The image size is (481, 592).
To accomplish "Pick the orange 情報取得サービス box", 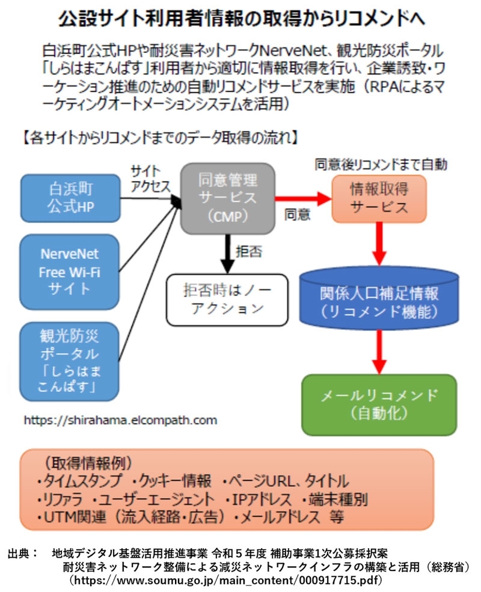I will pos(379,198).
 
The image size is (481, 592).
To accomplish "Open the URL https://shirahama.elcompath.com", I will pos(120,420).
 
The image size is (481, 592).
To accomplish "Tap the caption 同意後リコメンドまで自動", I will pos(381,163).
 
